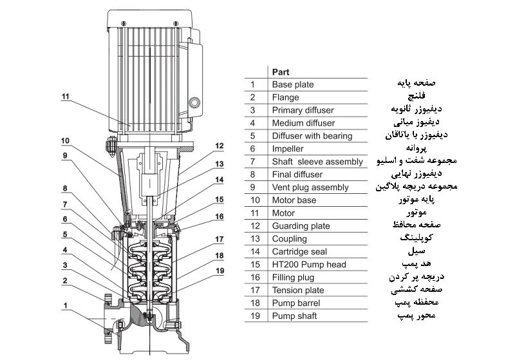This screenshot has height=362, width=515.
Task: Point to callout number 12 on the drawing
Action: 220,146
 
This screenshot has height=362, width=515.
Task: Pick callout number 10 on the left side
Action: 65,140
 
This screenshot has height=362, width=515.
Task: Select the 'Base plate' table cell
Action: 293,84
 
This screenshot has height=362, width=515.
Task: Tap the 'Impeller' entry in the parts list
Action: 288,149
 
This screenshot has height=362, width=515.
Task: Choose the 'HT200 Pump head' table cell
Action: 309,265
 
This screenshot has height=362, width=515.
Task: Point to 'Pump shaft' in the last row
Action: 295,316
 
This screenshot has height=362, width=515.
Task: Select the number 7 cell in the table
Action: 253,162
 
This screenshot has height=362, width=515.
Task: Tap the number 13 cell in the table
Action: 253,239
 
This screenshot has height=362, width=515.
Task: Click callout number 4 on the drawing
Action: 65,250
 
